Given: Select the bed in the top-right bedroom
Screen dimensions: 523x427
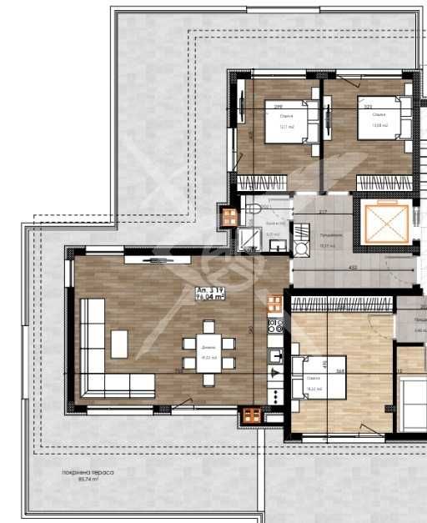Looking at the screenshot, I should (384, 118).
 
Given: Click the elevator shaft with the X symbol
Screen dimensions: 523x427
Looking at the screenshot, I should (384, 221).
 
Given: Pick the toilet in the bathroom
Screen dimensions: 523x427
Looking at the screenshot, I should (254, 206).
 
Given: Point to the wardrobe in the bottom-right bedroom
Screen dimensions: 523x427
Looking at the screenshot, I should (341, 306).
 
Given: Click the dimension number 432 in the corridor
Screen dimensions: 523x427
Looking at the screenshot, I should (352, 268).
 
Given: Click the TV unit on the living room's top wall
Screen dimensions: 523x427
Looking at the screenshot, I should (158, 259).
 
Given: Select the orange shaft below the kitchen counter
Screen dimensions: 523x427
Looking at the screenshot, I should (250, 415).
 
